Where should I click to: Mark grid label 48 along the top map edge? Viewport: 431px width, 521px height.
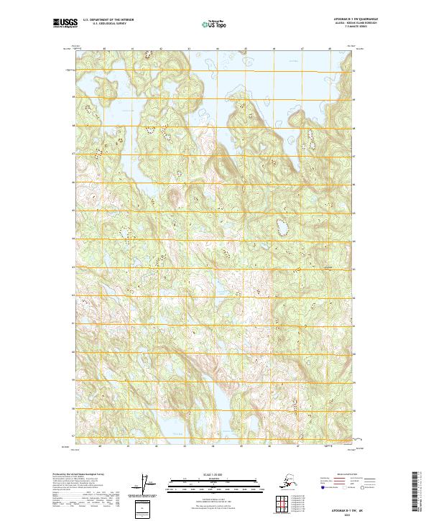point(329,49)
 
